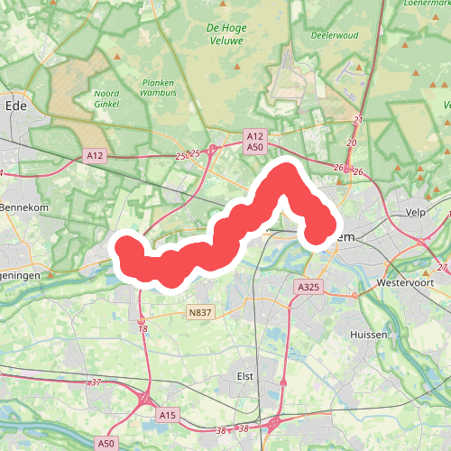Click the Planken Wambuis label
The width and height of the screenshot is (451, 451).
(157, 87)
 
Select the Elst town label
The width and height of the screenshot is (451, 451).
(244, 375)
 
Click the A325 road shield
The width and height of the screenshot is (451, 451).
(308, 286)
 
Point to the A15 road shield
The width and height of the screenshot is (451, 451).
(167, 415)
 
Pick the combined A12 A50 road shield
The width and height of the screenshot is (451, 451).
(254, 141)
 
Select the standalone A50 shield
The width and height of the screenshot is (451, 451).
(106, 444)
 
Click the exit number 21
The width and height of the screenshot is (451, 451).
(358, 120)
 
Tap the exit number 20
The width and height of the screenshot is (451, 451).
(352, 143)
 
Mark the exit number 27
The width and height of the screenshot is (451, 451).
(441, 268)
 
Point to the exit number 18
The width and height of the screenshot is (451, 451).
(143, 329)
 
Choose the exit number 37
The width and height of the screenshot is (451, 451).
(96, 382)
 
